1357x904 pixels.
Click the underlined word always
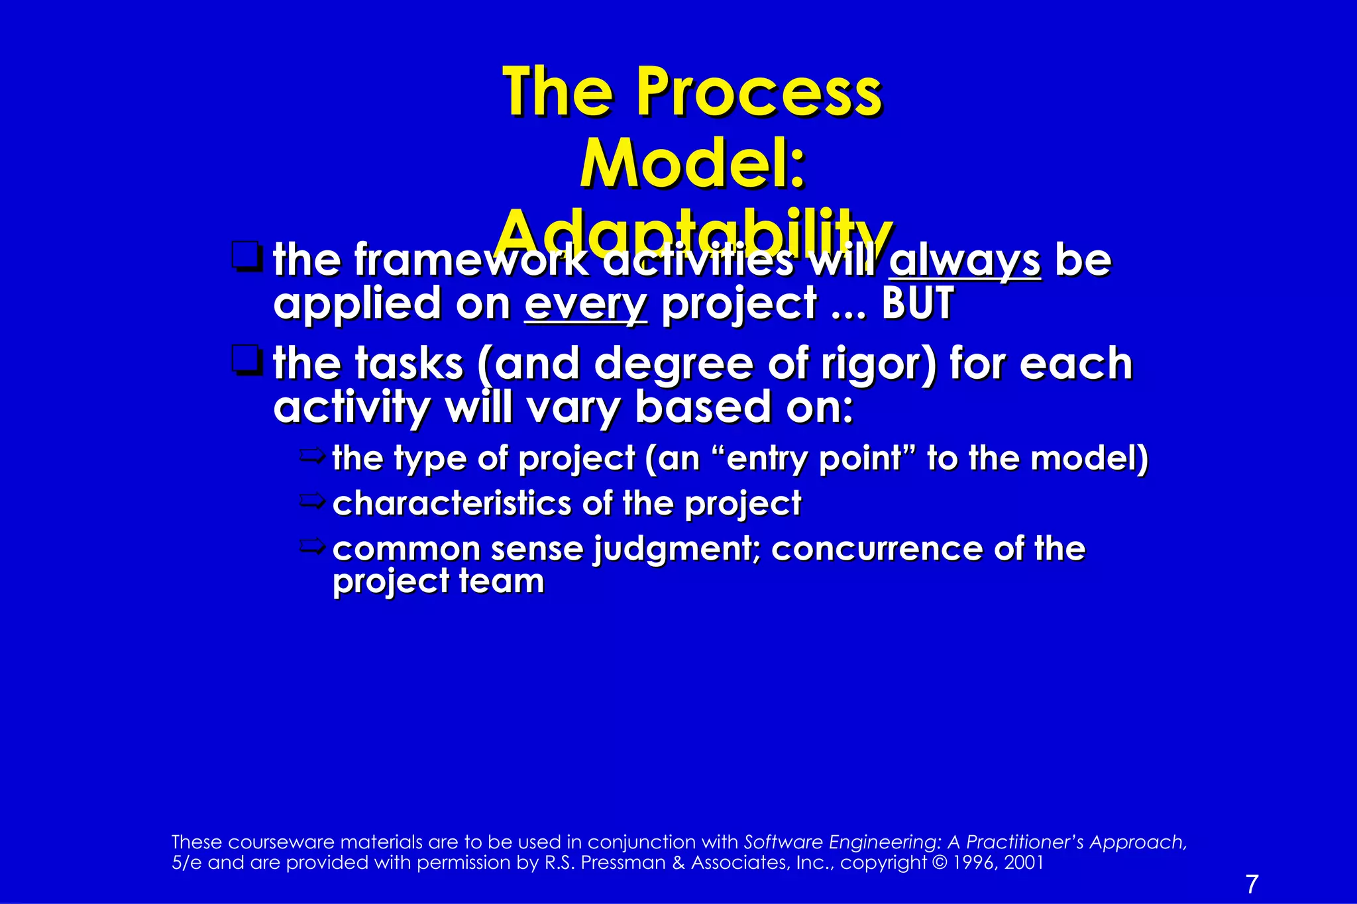click(965, 261)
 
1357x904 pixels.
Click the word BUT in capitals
click(918, 304)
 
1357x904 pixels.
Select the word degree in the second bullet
click(674, 364)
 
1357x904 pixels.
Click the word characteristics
click(451, 503)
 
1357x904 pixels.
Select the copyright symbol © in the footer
click(939, 863)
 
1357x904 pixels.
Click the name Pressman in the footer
click(623, 863)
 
